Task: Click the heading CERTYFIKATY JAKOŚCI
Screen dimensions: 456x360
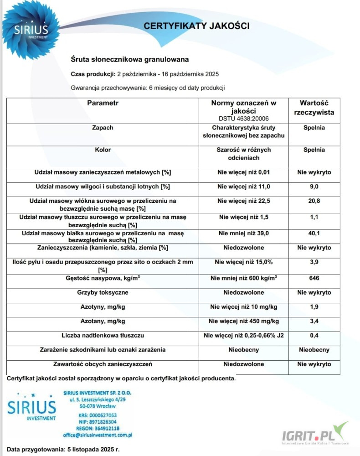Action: (x=196, y=26)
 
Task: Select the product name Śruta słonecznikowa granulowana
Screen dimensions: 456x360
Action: (x=130, y=59)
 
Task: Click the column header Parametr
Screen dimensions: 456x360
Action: (x=103, y=104)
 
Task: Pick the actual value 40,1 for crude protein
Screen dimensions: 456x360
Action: (x=314, y=233)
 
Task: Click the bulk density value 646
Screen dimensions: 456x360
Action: (x=314, y=278)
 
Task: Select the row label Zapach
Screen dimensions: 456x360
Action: (x=103, y=128)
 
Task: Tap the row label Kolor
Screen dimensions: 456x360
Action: (x=103, y=150)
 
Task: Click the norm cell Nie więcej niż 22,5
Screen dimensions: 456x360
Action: (x=243, y=201)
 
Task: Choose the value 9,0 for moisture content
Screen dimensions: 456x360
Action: (x=314, y=187)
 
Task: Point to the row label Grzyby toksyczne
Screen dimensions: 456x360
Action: (x=103, y=292)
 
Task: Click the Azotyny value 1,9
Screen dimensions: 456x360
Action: (x=314, y=307)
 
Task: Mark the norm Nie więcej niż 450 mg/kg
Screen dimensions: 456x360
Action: (x=243, y=321)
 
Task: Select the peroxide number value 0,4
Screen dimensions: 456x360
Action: (x=314, y=336)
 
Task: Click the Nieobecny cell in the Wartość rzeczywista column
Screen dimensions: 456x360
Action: (x=314, y=350)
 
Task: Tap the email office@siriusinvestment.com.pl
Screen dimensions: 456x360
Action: (x=98, y=435)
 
